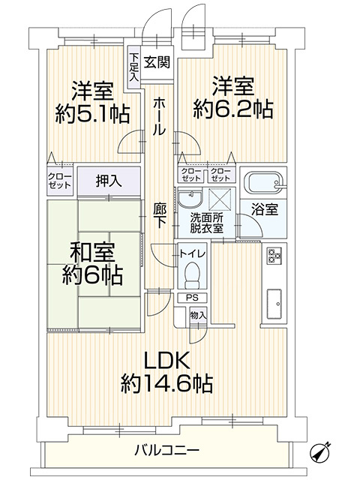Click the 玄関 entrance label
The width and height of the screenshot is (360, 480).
point(156,62)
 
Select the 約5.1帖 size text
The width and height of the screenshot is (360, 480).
point(91,114)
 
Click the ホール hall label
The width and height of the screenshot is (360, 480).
point(159,118)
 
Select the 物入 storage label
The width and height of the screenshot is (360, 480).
point(198,316)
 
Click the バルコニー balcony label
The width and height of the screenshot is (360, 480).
point(166,451)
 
